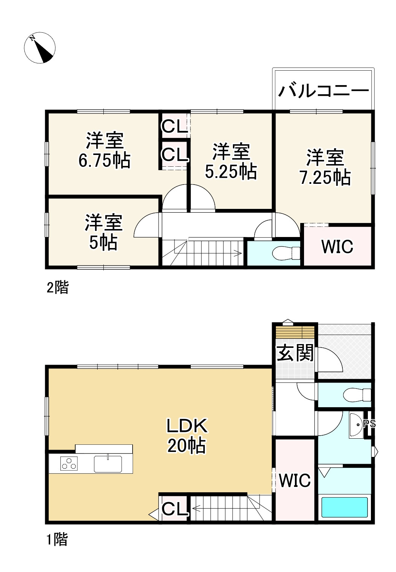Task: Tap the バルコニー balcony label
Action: pyautogui.click(x=324, y=91)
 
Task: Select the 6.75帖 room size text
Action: pyautogui.click(x=105, y=161)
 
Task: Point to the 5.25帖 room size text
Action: pyautogui.click(x=231, y=172)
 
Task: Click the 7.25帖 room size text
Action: pyautogui.click(x=325, y=177)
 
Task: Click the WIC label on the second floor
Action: pyautogui.click(x=337, y=247)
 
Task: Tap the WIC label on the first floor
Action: pyautogui.click(x=295, y=480)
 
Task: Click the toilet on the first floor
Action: pyautogui.click(x=356, y=395)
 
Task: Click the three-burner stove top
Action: pyautogui.click(x=69, y=464)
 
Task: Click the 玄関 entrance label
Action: pyautogui.click(x=295, y=353)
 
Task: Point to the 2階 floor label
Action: pyautogui.click(x=57, y=288)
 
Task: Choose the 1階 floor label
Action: pyautogui.click(x=57, y=539)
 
